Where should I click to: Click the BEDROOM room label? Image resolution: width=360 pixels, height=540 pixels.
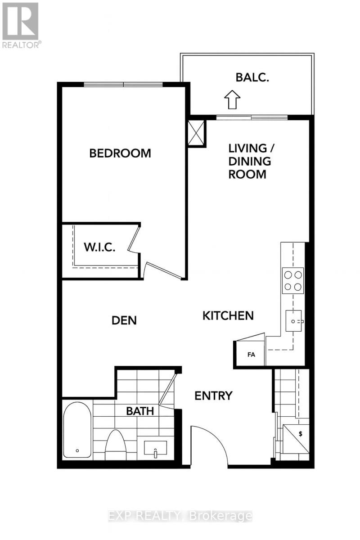[120, 153]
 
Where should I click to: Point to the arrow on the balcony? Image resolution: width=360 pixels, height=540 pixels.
[232, 99]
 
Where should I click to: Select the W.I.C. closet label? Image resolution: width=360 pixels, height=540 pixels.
[100, 247]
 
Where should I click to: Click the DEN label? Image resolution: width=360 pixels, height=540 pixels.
[124, 320]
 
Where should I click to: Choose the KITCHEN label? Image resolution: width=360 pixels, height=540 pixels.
[228, 315]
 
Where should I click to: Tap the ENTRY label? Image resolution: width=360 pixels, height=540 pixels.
[213, 396]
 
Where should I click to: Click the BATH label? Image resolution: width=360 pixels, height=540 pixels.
[140, 411]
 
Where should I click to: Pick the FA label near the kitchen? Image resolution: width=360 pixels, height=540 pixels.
[251, 355]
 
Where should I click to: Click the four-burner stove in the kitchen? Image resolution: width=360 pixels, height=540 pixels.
[292, 280]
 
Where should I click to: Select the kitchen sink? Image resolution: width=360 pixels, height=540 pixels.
[295, 321]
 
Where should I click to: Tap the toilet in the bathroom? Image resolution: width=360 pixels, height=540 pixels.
[116, 445]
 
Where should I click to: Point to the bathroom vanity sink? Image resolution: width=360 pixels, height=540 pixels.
[155, 448]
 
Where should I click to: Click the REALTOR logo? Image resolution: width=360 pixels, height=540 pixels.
[21, 25]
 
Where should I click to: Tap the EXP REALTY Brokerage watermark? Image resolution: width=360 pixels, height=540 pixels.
[180, 516]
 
